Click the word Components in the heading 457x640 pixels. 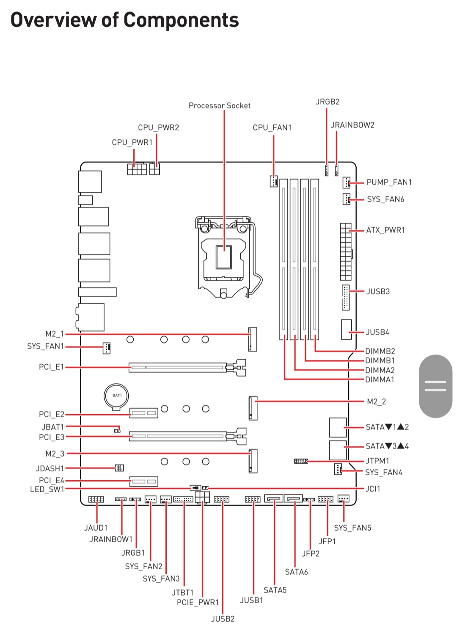click(x=181, y=20)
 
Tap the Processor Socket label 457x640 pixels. click(x=219, y=105)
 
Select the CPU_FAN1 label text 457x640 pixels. click(x=272, y=127)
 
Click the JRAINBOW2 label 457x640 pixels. click(x=352, y=125)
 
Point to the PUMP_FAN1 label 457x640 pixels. click(x=389, y=182)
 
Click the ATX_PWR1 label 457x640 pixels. click(x=385, y=230)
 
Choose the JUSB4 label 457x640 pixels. click(x=377, y=332)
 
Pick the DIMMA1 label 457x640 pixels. click(x=380, y=380)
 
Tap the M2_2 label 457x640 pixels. click(x=376, y=402)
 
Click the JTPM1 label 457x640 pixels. click(x=377, y=461)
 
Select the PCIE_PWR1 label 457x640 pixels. click(x=198, y=602)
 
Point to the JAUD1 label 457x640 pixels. click(x=96, y=528)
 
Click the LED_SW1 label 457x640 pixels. click(x=47, y=489)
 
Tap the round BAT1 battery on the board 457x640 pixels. click(x=116, y=396)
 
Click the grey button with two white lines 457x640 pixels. click(x=435, y=386)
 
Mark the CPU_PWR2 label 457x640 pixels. click(x=158, y=127)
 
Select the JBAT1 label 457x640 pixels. click(x=52, y=427)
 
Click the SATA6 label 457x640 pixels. click(x=296, y=572)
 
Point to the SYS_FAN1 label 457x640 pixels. click(x=45, y=346)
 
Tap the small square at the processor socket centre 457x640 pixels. click(x=224, y=257)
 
